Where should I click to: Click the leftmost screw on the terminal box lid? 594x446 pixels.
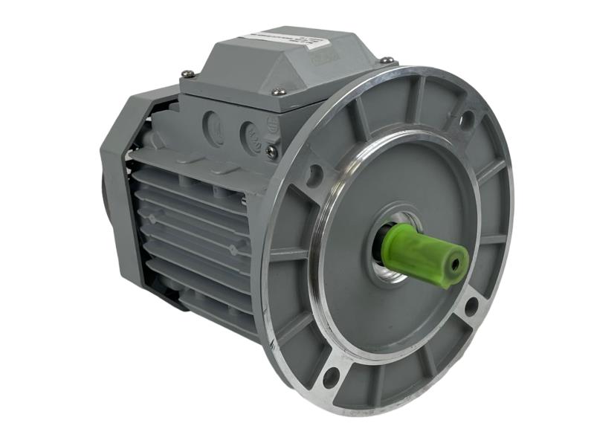[x=187, y=73]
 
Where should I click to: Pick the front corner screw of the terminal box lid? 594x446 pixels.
[x=279, y=92]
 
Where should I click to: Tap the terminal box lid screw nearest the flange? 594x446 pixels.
[x=387, y=59]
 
